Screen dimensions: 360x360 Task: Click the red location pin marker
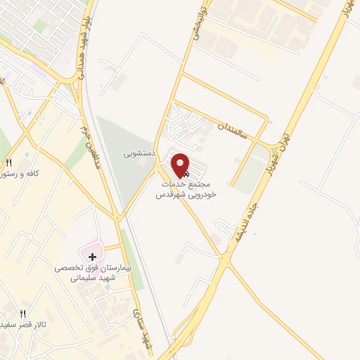coord(181,165)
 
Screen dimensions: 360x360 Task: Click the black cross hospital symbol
coord(92,256)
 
